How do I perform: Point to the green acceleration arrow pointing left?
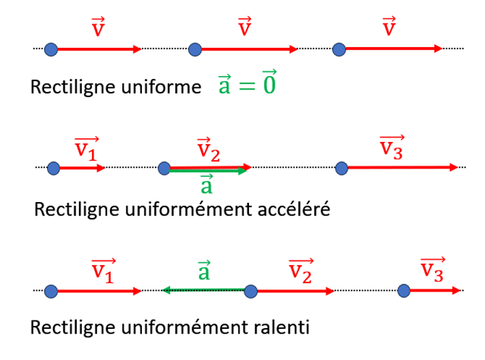(x=205, y=289)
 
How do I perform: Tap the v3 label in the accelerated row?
(x=392, y=149)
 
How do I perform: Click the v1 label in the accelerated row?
(x=86, y=150)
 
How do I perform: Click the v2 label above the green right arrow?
(x=208, y=150)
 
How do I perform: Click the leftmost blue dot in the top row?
(x=51, y=49)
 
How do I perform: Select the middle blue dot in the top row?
(x=195, y=49)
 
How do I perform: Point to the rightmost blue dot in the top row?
(x=339, y=49)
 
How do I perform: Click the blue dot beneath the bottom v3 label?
(x=405, y=290)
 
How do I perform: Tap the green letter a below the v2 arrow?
(x=205, y=185)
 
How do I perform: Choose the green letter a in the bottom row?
(x=203, y=270)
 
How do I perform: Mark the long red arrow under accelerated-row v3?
(x=402, y=167)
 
